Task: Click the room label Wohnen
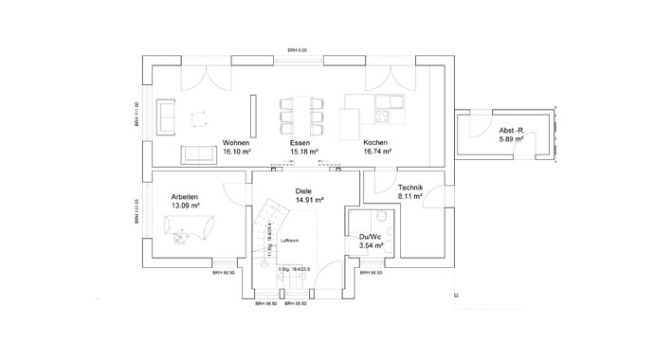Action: pyautogui.click(x=235, y=143)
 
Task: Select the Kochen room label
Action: pyautogui.click(x=375, y=143)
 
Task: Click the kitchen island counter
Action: pyautogui.click(x=349, y=120)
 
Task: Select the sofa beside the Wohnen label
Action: pyautogui.click(x=198, y=152)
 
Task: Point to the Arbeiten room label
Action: pyautogui.click(x=185, y=195)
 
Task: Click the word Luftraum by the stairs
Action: pyautogui.click(x=290, y=241)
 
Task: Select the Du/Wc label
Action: pyautogui.click(x=371, y=237)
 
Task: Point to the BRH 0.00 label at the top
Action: pyautogui.click(x=300, y=50)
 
